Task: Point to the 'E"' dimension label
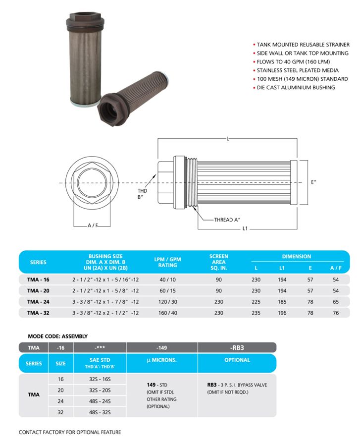tap(314, 182)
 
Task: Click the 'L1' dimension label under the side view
tap(245, 229)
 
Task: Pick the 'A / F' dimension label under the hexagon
tap(93, 225)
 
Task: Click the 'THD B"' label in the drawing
tap(143, 193)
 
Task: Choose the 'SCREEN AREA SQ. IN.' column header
tap(218, 262)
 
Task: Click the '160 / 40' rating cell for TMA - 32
tap(168, 313)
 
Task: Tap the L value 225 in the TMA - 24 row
tap(257, 302)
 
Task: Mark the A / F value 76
tap(336, 313)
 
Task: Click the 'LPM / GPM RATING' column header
tap(168, 262)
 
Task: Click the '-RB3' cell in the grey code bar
tap(237, 347)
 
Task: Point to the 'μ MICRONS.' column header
tap(162, 360)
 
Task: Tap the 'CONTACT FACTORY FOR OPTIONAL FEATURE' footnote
tap(70, 432)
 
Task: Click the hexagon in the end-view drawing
tap(93, 183)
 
